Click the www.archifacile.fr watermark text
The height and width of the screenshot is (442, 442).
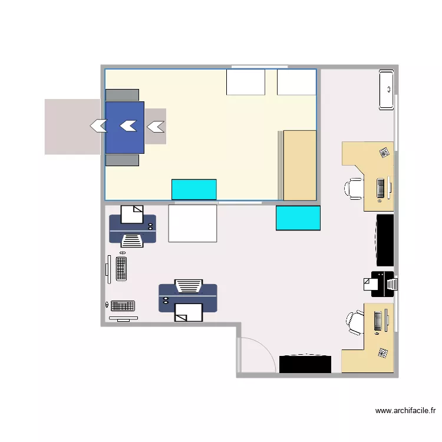click(405, 411)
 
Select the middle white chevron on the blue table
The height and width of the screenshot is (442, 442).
click(128, 126)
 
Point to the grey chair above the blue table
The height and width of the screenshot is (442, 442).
click(122, 95)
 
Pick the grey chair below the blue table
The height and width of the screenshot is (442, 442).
click(122, 160)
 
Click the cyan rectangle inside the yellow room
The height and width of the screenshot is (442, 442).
click(194, 189)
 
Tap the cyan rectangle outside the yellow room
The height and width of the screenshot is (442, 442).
click(298, 218)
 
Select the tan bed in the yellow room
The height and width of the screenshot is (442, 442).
click(300, 166)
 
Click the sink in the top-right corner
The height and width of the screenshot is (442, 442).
click(387, 90)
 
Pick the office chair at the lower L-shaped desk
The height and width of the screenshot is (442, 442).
click(355, 322)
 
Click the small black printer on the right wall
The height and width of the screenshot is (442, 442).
click(381, 284)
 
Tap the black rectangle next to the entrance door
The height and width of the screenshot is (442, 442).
click(305, 364)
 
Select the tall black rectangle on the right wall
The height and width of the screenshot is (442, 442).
click(385, 240)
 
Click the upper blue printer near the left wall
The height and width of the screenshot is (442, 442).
click(133, 226)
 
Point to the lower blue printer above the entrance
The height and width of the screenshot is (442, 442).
click(188, 298)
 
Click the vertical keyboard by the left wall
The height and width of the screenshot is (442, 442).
click(121, 269)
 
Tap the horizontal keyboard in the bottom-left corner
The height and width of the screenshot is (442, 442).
click(123, 305)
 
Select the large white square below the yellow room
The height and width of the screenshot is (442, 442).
click(193, 223)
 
